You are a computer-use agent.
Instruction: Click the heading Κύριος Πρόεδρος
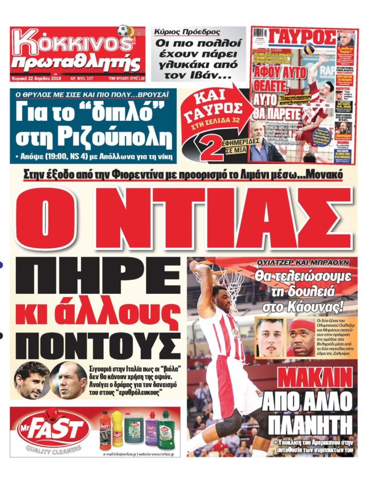click(188, 32)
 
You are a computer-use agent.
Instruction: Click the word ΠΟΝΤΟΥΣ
click(98, 346)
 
